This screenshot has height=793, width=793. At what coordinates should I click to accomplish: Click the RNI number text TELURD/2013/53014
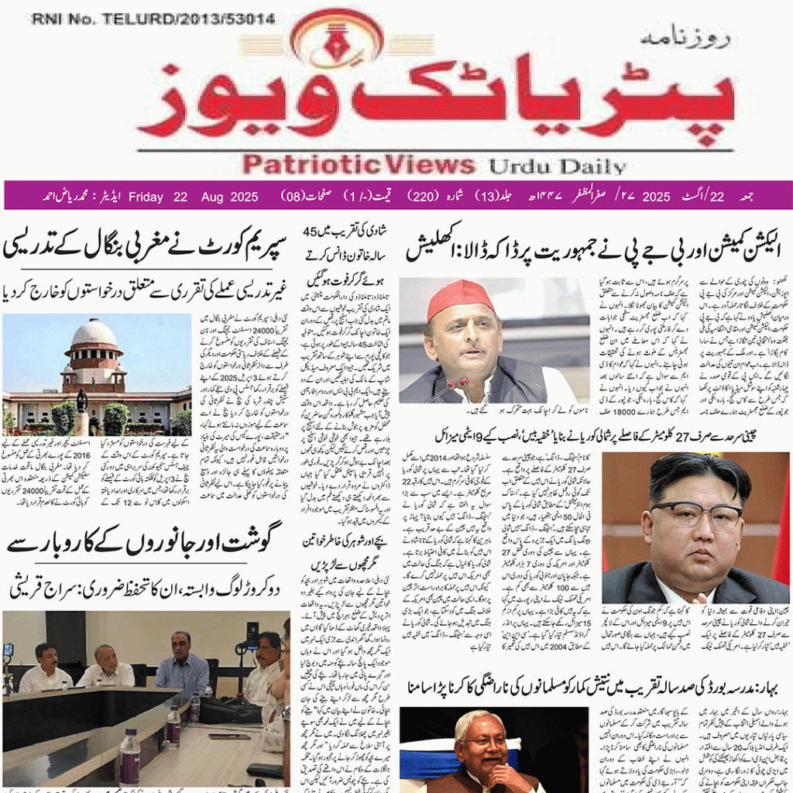click(153, 19)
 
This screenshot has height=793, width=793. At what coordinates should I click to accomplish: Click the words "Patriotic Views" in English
click(358, 164)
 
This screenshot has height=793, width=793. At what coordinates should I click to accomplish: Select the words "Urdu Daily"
click(557, 166)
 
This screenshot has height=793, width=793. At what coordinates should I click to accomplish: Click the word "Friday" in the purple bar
click(146, 197)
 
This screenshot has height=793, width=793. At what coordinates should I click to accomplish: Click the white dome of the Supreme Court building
click(94, 334)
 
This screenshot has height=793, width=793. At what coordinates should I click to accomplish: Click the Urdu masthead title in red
click(434, 97)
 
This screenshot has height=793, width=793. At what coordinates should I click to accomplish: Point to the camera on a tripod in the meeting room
click(252, 637)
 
